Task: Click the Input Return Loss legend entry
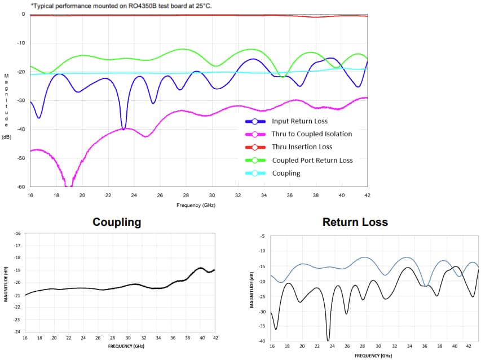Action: tap(299, 121)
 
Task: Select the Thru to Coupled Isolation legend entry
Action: tap(311, 134)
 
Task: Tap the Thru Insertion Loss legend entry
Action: tap(302, 147)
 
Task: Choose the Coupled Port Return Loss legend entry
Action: tap(312, 161)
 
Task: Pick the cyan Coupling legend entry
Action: tap(286, 174)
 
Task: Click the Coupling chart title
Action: tap(117, 222)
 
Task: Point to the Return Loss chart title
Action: tap(355, 222)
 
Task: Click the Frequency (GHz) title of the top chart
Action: tap(196, 205)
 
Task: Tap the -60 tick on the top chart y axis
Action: tap(21, 186)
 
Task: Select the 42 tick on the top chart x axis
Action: tap(368, 195)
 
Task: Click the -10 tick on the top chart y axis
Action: tap(21, 43)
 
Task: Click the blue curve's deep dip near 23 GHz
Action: tap(123, 128)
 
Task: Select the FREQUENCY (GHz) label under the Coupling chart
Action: tap(120, 345)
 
